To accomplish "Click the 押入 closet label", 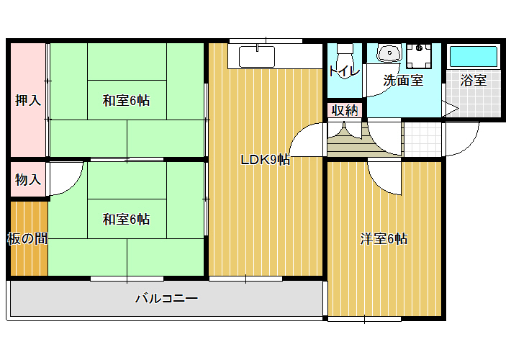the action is pos(28,100).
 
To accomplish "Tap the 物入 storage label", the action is pos(28,179).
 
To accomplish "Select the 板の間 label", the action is pos(27,239).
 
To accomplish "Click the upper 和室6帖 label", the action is pos(126,100).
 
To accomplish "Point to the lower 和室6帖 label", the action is pos(126,219).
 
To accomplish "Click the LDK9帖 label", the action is pos(266,160).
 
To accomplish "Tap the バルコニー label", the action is pos(166,298).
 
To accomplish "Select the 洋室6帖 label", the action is pos(384,239).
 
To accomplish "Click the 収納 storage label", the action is pos(345,111).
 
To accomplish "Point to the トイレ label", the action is pos(345,71).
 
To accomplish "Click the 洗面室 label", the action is pos(403,80).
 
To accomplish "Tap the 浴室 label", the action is pos(473,80).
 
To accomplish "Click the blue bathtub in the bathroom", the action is pos(473,56).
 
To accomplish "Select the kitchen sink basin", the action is pos(257,57).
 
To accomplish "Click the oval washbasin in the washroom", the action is pos(389,53).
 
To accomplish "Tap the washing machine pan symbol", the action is pos(419,55).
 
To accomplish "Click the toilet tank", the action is pos(345,49).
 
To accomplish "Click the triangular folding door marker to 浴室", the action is pos(451,108).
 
